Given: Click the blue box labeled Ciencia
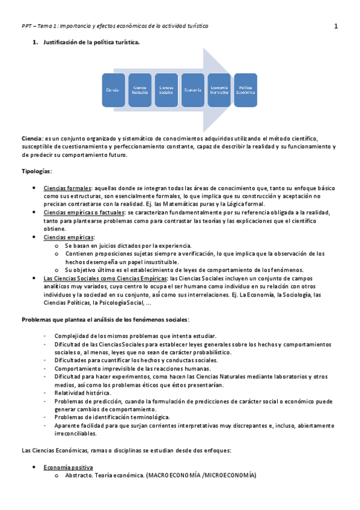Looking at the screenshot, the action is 113,90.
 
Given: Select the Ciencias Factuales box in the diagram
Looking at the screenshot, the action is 139,90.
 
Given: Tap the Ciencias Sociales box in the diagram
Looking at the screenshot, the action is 166,90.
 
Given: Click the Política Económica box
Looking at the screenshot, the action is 245,90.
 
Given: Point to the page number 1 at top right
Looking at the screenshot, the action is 336,26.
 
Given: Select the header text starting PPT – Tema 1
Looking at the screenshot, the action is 114,26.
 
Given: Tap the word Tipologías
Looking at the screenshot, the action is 37,171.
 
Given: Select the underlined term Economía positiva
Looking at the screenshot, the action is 68,467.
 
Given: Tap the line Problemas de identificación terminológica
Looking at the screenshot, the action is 112,417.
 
